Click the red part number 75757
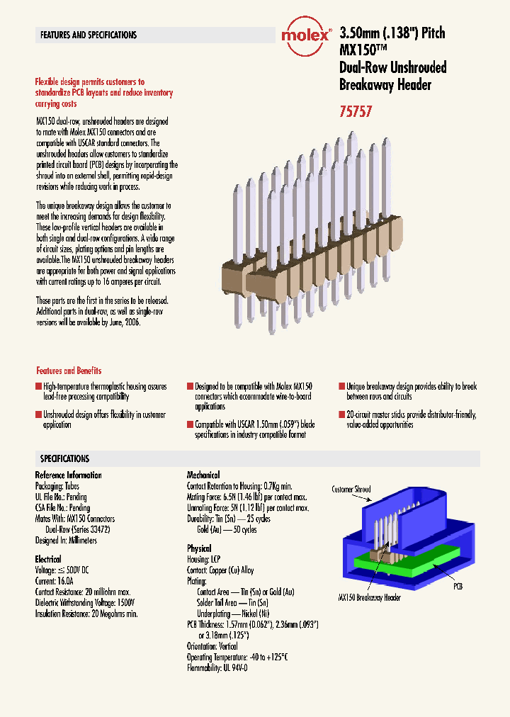[x=356, y=111]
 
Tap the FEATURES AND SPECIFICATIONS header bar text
[x=89, y=35]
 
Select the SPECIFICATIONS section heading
[x=64, y=458]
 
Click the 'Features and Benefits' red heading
[x=69, y=371]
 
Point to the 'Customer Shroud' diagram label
[x=351, y=490]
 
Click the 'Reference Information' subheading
[x=68, y=475]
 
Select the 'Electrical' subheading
[x=48, y=559]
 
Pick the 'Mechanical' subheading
[x=203, y=475]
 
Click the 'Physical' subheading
[x=199, y=548]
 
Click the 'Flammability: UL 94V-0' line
[x=217, y=667]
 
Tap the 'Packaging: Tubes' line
[x=57, y=487]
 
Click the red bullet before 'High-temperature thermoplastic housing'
[x=39, y=387]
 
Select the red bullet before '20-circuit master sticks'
[x=341, y=414]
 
